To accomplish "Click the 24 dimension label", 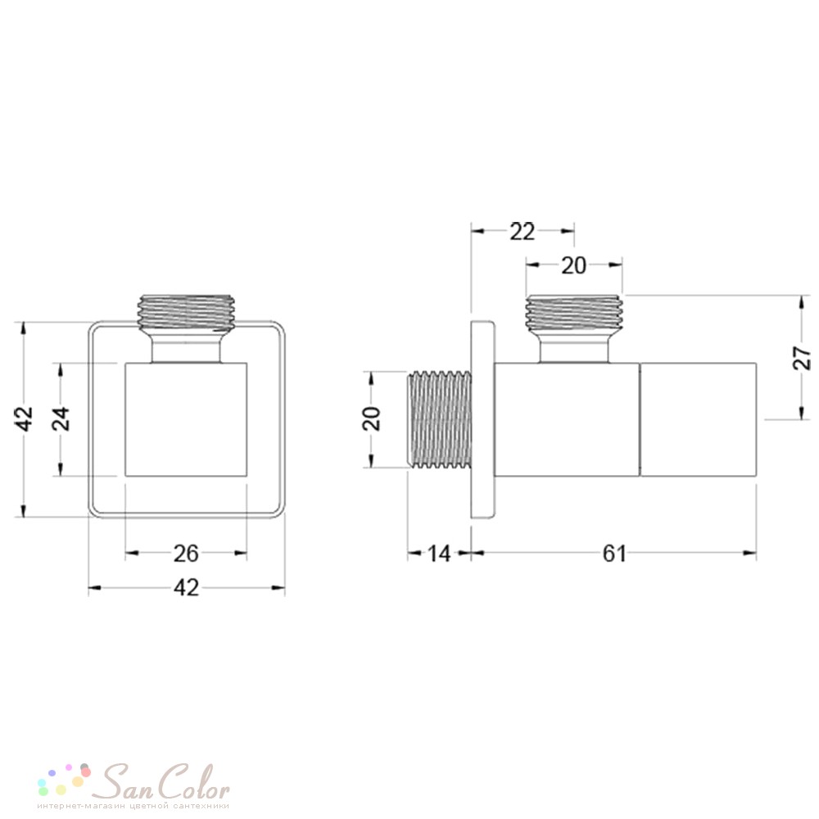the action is coord(62,419).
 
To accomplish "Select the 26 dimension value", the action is coord(187,554).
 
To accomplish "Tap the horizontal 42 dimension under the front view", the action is coord(187,588).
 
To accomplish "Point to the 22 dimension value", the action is coord(523,232).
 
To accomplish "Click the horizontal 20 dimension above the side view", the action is coord(573,266).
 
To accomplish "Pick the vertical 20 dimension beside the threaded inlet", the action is coord(371,419).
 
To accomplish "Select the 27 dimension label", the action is coord(802,358).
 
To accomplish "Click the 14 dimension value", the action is coord(439,554).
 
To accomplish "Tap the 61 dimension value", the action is coord(614,554).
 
